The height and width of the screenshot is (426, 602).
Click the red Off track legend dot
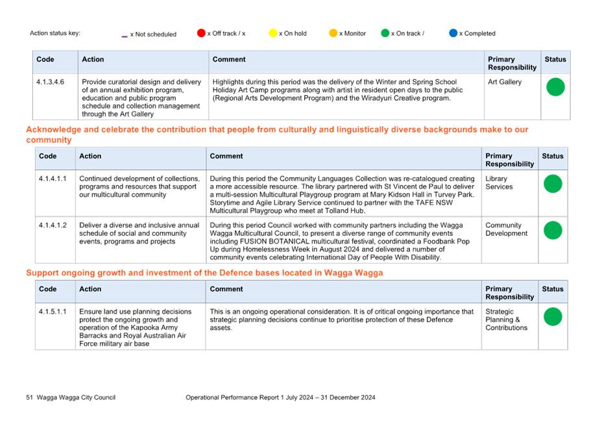[x=201, y=33]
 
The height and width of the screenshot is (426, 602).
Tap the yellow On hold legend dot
[x=273, y=33]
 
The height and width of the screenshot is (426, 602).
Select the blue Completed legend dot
[x=453, y=33]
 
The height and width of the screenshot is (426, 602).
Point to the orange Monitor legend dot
[x=333, y=33]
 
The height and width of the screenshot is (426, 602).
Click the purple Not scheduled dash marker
[x=125, y=36]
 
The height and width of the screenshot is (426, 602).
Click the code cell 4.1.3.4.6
[x=51, y=82]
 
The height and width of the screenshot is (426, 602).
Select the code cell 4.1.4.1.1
[x=53, y=179]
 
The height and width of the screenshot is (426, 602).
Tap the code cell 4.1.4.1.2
[x=53, y=225]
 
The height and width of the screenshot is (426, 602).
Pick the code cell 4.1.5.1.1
[x=53, y=312]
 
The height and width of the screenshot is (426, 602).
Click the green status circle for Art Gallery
[x=555, y=87]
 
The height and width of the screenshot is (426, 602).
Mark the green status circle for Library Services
[x=553, y=184]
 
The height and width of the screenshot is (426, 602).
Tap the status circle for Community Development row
[x=553, y=231]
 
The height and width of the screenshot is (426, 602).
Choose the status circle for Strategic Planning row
[x=553, y=317]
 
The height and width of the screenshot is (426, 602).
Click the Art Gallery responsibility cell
[x=505, y=82]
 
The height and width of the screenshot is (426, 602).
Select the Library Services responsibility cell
[x=499, y=182]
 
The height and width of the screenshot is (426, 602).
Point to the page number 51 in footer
[x=30, y=397]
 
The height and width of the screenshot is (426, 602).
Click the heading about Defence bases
[x=204, y=273]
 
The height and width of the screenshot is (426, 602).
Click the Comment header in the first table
[x=229, y=59]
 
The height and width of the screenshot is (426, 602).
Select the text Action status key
[x=55, y=33]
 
